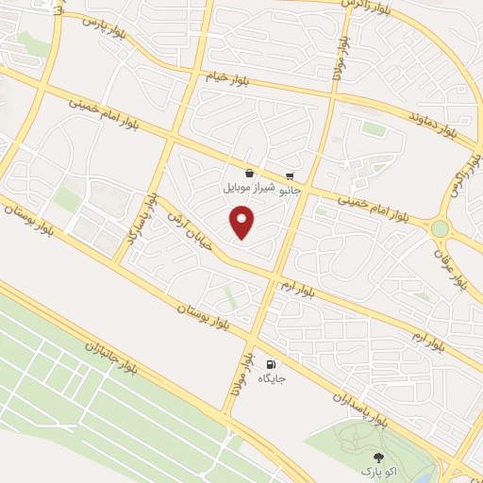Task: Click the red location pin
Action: (x=242, y=224)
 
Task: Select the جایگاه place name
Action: (x=271, y=378)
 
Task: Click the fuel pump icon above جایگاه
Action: (x=271, y=364)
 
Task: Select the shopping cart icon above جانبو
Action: (x=291, y=175)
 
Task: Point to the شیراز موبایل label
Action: (x=248, y=188)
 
